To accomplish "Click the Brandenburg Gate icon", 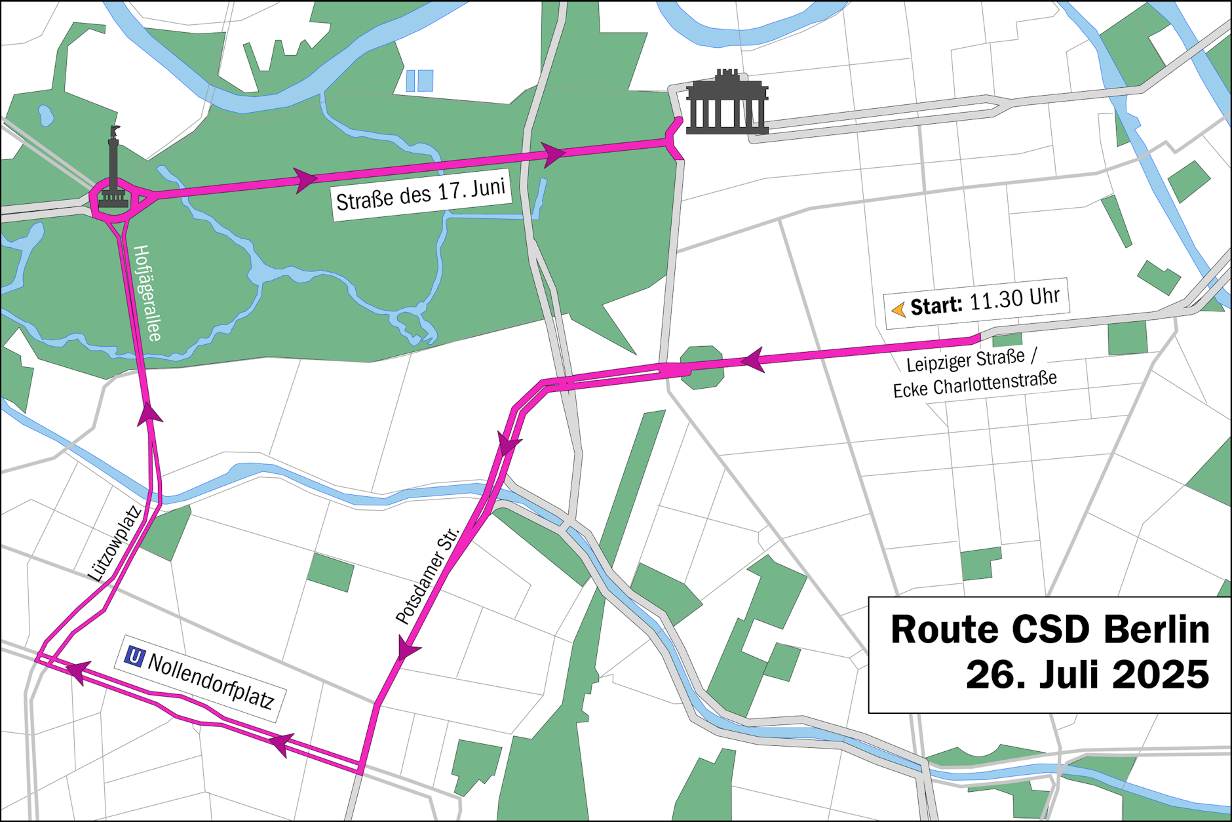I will tap(727, 104).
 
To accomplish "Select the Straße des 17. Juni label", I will tap(421, 195).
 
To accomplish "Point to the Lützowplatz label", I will tap(115, 543).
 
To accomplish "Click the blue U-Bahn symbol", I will tap(134, 656).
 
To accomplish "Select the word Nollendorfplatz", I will tap(210, 682).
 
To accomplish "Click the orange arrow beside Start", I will tap(898, 309).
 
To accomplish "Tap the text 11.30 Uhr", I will tap(1014, 300).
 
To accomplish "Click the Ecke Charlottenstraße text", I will tap(974, 384).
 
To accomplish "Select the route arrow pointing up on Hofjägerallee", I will tap(149, 415).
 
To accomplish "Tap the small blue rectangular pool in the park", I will tap(419, 81).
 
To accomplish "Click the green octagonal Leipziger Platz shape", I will tap(703, 368).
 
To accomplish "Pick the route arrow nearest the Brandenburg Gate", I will tap(552, 154).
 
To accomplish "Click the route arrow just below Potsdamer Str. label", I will tap(408, 650).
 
